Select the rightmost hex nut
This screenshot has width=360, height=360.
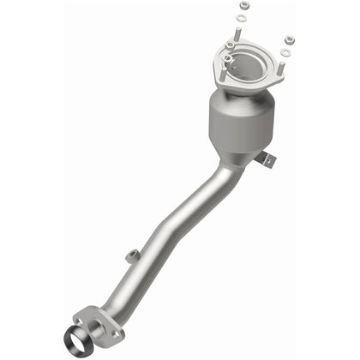click(x=289, y=39)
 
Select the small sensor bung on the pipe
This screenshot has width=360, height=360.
click(x=131, y=255)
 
